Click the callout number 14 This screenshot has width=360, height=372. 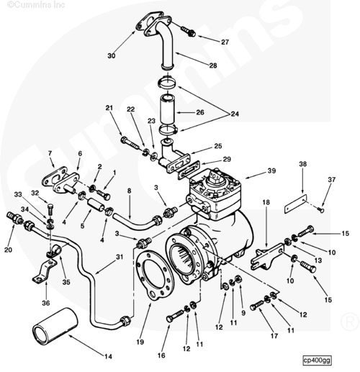pos(108,356)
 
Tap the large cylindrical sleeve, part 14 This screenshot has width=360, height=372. pos(55,326)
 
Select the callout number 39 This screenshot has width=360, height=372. pos(271,171)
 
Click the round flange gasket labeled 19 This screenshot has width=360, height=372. pos(154,275)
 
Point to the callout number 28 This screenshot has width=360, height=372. pos(213,65)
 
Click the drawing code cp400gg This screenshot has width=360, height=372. pos(317,360)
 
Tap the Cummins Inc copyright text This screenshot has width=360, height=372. pos(36,4)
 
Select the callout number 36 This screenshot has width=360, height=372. pos(46,303)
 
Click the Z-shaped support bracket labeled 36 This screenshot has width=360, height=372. pos(45,271)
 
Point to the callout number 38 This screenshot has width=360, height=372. pos(302,164)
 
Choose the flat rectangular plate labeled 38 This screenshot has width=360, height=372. pos(296,204)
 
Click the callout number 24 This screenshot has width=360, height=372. pos(235,114)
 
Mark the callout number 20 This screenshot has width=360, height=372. pos(8,250)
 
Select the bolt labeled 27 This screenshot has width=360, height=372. pos(188,32)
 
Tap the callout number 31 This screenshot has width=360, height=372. pos(120,257)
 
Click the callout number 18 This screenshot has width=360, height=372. pos(266,202)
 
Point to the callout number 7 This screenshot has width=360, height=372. pos(50,153)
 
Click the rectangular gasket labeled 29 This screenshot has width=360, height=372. pos(189,171)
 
